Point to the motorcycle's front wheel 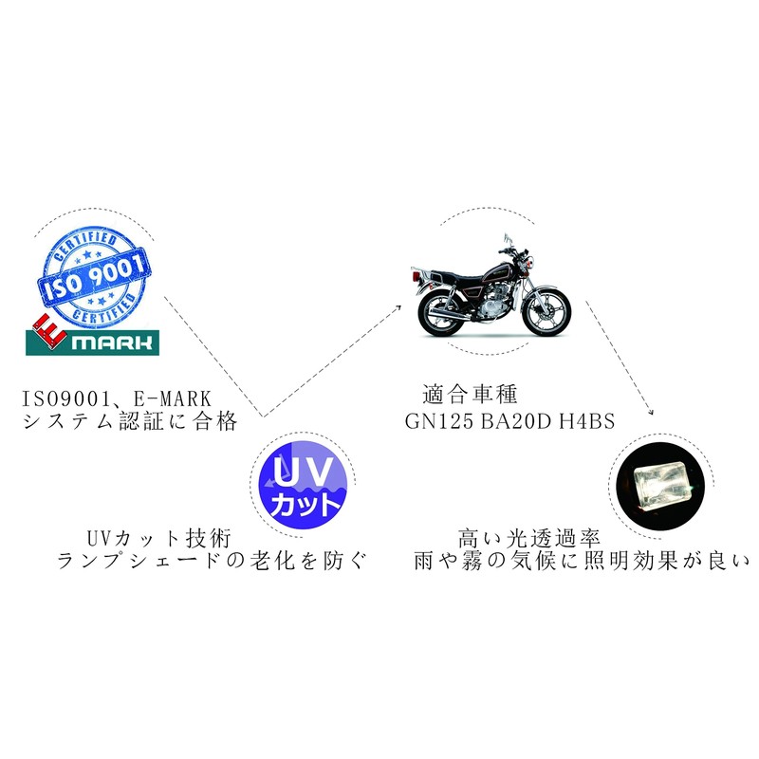pos(546,309)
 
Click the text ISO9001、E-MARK pos(116,396)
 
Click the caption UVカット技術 pos(157,537)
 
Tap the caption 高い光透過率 pos(528,537)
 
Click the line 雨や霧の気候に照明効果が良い pos(581,561)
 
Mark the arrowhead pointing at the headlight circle pos(650,413)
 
